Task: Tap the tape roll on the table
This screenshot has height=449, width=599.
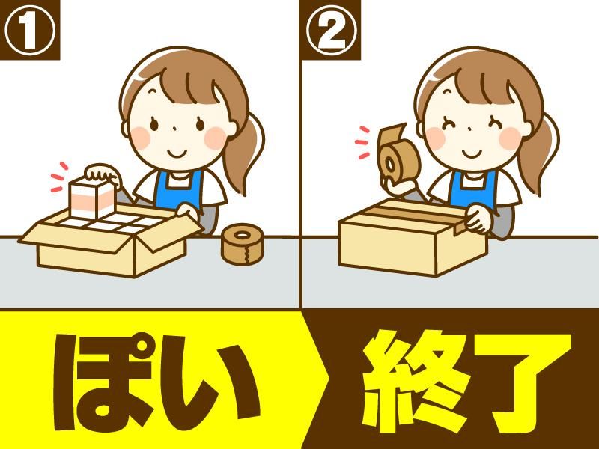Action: point(241,244)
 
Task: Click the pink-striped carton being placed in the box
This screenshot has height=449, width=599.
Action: point(92,198)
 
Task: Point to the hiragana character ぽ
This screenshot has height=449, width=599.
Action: point(105,382)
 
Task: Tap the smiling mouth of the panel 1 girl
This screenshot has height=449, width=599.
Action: point(177,153)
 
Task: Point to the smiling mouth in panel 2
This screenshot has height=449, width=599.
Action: point(472,153)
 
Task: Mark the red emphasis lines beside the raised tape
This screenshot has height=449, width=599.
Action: point(362,142)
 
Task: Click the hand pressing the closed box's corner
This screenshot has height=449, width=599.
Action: point(478,219)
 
